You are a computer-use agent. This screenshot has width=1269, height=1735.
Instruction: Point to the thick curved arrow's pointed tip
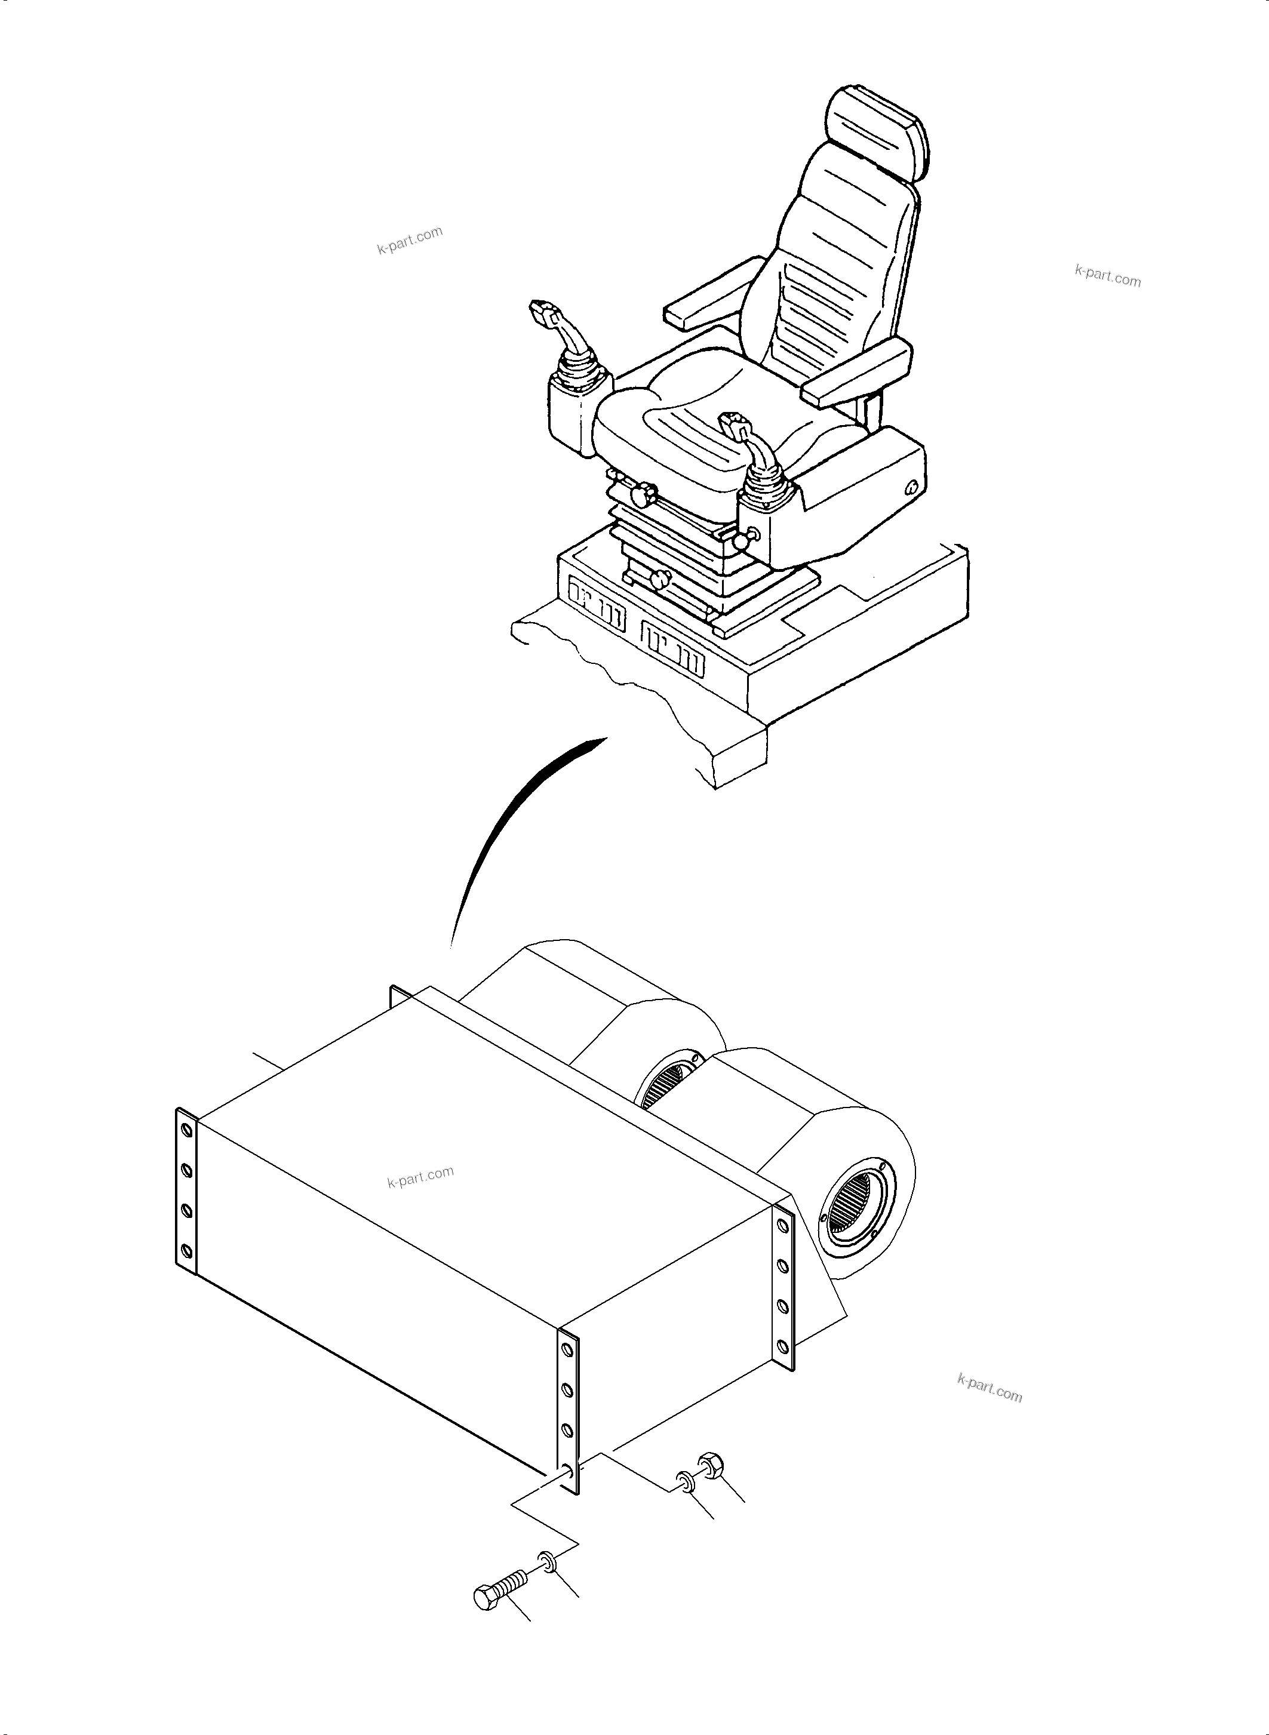pyautogui.click(x=603, y=740)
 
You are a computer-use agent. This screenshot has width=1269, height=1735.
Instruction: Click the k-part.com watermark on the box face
pyautogui.click(x=420, y=1177)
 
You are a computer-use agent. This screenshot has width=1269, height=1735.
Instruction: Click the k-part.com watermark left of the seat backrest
pyautogui.click(x=410, y=241)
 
